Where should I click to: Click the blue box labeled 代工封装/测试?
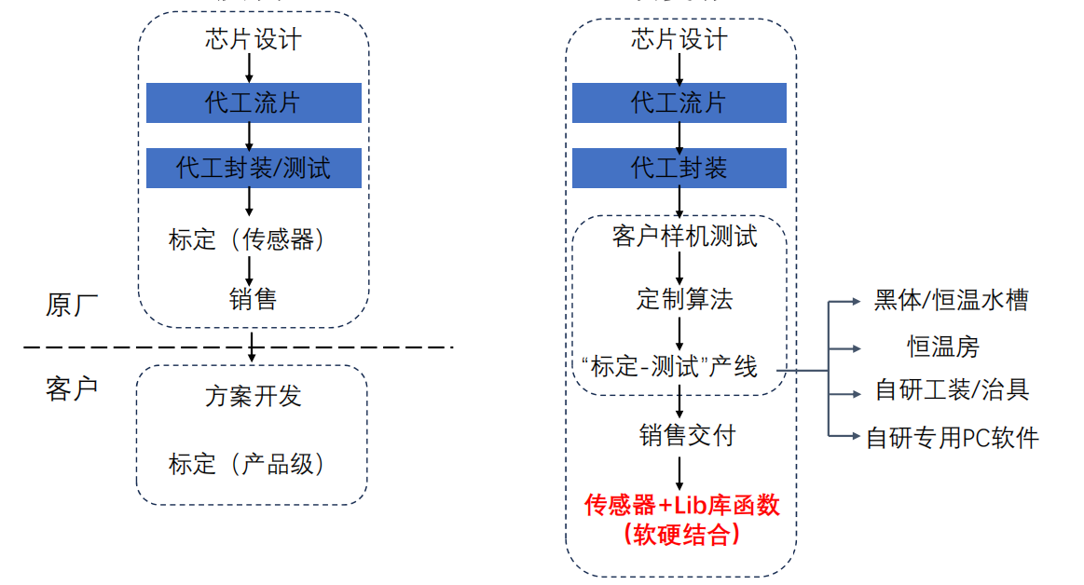(254, 169)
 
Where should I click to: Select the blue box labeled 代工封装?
(679, 169)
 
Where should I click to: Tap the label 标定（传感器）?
(248, 239)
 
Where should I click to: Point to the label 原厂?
(72, 305)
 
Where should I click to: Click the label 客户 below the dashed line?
(72, 388)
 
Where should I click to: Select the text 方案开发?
(253, 396)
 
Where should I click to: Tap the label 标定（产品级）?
(248, 463)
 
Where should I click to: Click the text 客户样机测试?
(684, 236)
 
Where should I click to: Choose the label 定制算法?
(684, 299)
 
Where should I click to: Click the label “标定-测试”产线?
(669, 366)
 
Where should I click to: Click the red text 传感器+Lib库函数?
(681, 505)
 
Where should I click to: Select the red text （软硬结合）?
(681, 534)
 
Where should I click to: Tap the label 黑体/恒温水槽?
(952, 300)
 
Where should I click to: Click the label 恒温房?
(944, 347)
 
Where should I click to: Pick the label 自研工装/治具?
(952, 389)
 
